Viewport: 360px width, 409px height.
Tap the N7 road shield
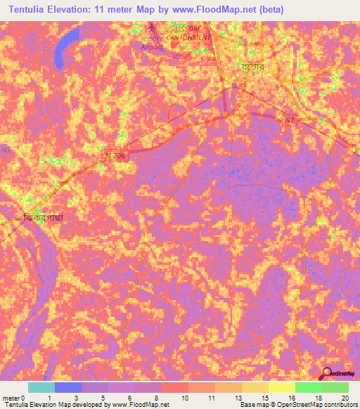coord(290,121)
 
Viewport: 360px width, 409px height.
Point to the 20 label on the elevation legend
coord(343,397)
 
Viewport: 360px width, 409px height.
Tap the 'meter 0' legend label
coord(13,397)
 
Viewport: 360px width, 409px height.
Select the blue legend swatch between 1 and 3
coord(68,387)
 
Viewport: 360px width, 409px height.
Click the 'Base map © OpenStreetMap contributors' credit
coord(298,405)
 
